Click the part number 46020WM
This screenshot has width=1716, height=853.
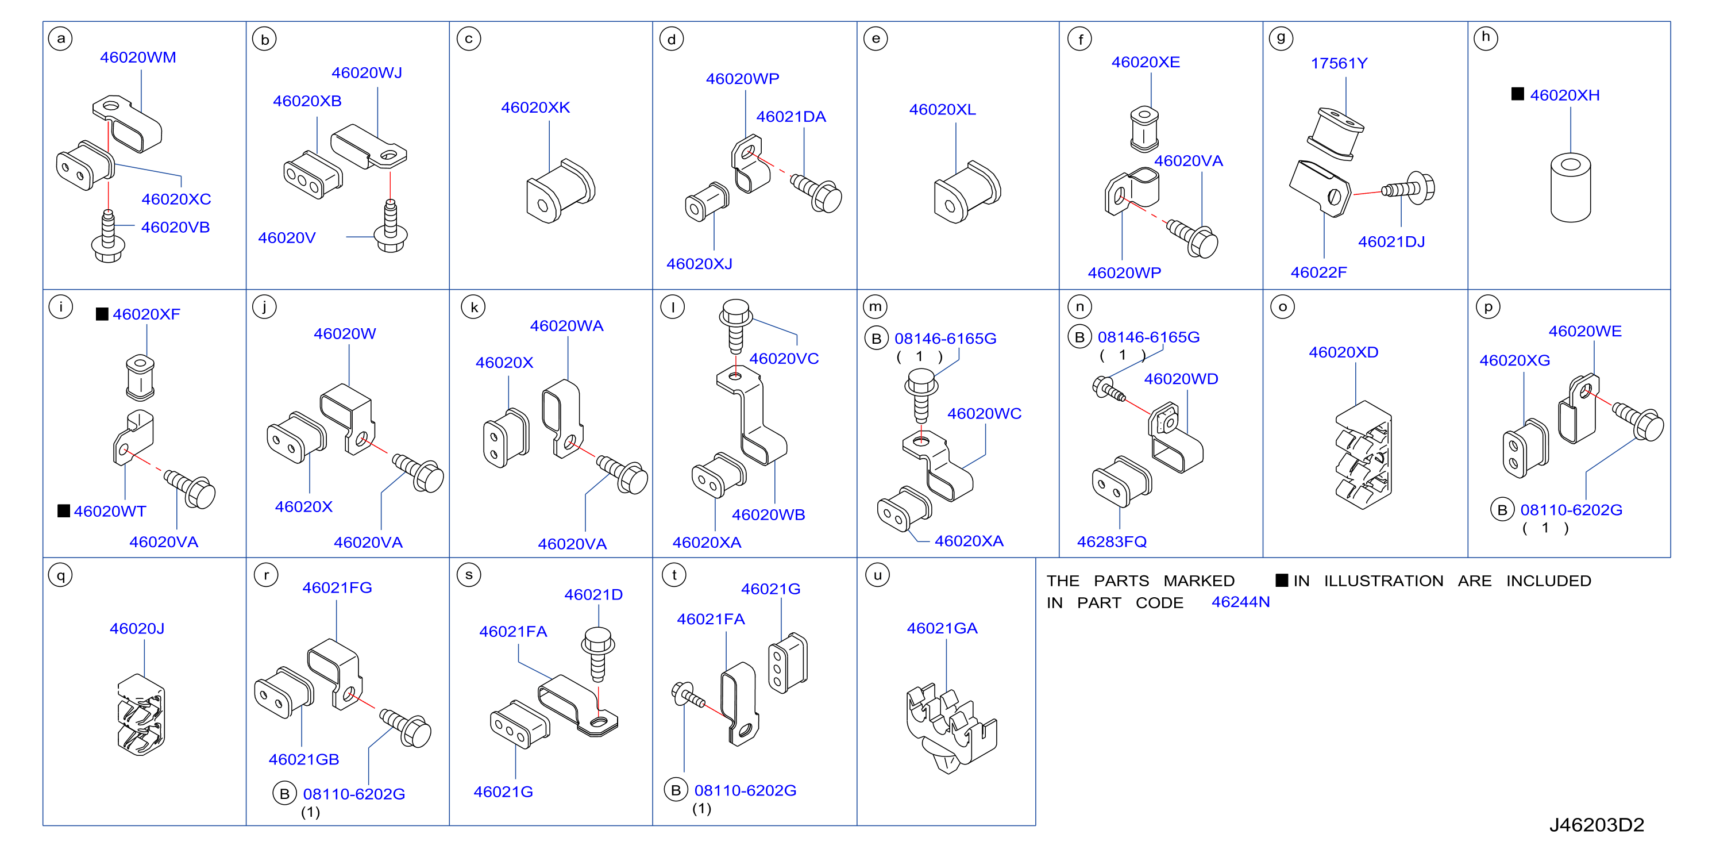tap(138, 57)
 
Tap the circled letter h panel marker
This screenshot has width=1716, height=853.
tap(1485, 38)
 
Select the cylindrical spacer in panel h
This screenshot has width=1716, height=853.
tap(1570, 187)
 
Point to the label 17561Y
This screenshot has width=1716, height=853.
tap(1339, 63)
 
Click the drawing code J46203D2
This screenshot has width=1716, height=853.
tap(1596, 825)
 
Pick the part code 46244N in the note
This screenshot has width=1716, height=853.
tap(1240, 602)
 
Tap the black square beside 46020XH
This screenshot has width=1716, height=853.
tap(1517, 94)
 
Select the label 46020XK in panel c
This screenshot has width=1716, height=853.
tap(535, 107)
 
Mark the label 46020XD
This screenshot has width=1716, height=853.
tap(1343, 352)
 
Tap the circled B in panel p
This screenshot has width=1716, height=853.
tap(1502, 510)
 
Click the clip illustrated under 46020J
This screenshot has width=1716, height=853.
tap(141, 715)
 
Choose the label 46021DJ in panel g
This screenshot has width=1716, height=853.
tap(1391, 242)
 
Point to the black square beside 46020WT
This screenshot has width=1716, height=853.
tap(64, 510)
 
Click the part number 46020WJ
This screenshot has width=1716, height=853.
tap(367, 72)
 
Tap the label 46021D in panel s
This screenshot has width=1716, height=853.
tap(593, 594)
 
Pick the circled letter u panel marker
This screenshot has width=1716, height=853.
tap(877, 575)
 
